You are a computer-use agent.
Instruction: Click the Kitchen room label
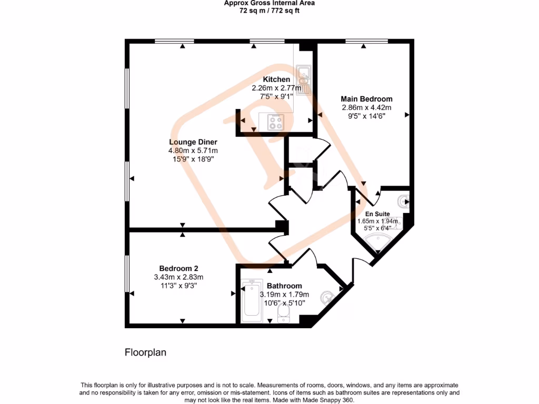(276, 79)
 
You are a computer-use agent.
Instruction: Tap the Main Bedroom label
(366, 99)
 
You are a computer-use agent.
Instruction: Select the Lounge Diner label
(193, 142)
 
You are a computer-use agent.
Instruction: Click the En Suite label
(378, 214)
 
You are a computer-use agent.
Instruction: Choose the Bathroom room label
(284, 286)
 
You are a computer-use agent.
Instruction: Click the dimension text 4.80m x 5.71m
(193, 151)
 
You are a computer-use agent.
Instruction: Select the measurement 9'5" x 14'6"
(366, 116)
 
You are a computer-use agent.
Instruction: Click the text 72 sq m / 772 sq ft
(269, 10)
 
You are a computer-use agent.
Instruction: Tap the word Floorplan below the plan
(145, 352)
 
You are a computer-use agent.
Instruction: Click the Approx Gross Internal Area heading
(269, 3)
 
